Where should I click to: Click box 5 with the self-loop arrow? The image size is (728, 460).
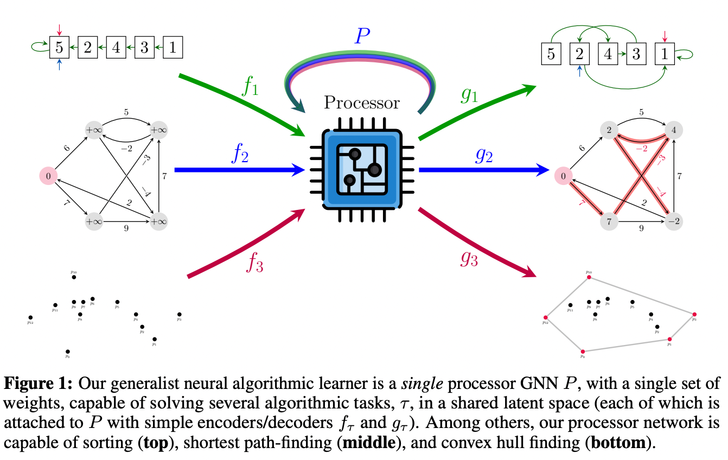pos(59,48)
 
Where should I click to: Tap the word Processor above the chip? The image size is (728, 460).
pos(362,103)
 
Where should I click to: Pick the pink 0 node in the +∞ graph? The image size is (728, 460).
pos(48,176)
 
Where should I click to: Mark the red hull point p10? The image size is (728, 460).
pos(589,277)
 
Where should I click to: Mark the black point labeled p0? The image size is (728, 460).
pos(67,352)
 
